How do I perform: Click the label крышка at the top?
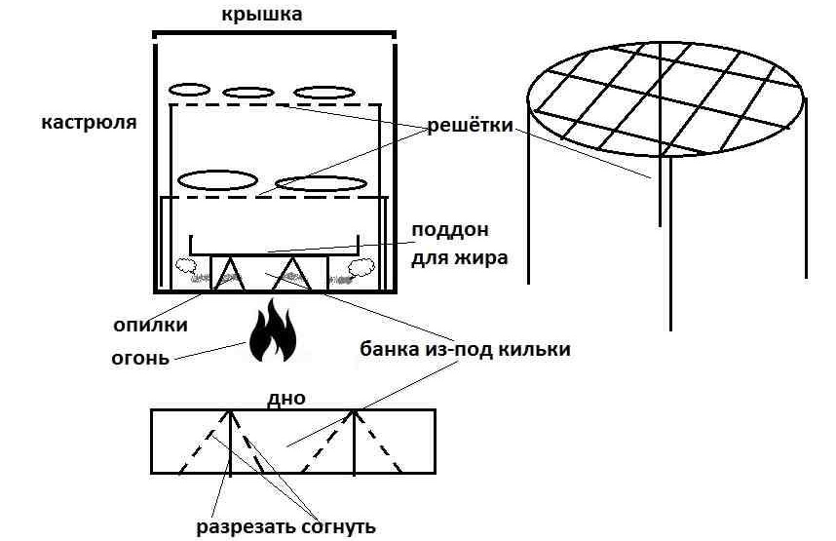click(x=275, y=14)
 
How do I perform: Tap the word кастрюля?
click(x=89, y=123)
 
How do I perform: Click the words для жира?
click(x=449, y=258)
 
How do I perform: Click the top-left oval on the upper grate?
click(x=189, y=90)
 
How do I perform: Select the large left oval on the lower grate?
click(x=216, y=180)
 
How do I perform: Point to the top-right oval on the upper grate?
click(x=323, y=93)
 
